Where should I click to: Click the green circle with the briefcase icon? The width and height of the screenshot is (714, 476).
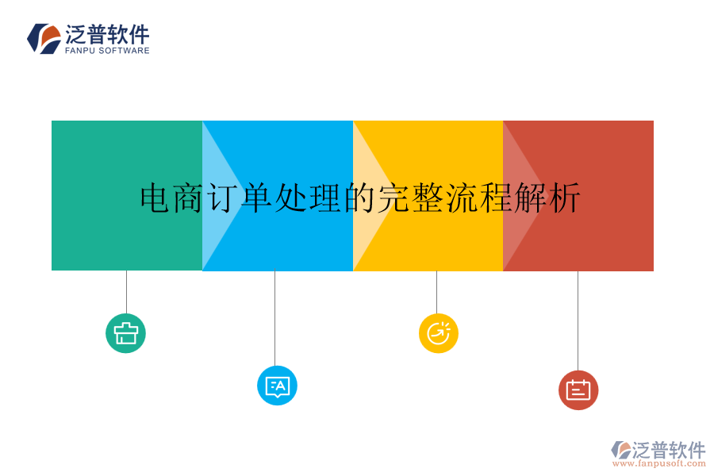click(125, 332)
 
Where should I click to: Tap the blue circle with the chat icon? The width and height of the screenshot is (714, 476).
click(277, 386)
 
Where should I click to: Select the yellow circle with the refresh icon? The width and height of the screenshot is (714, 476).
click(438, 333)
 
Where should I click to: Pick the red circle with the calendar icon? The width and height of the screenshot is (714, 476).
click(578, 390)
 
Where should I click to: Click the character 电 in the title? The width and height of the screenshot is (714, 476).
click(155, 198)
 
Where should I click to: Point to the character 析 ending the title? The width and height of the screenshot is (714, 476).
click(565, 198)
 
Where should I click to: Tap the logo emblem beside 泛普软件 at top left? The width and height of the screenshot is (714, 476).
click(44, 38)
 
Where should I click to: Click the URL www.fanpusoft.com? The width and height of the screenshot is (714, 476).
click(658, 463)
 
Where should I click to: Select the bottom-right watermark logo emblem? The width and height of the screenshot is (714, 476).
click(620, 450)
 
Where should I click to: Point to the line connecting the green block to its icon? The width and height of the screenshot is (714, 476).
click(126, 291)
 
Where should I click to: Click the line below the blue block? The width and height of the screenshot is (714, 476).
click(274, 317)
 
